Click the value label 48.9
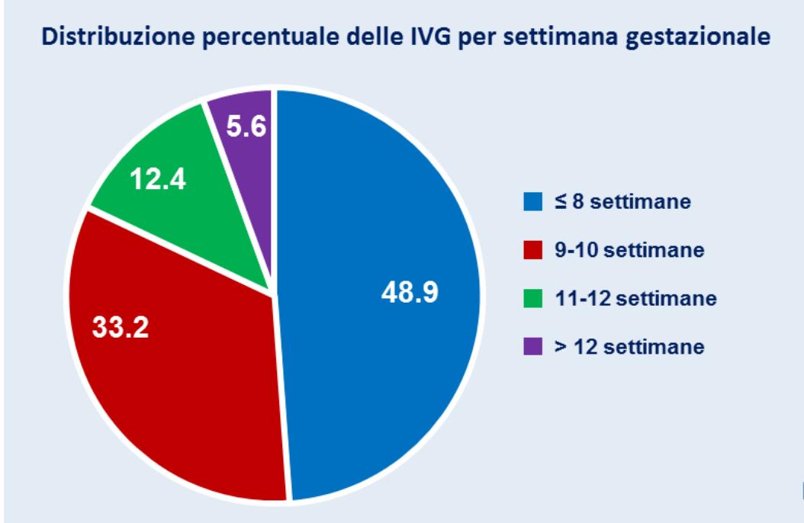pyautogui.click(x=409, y=294)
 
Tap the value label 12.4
pyautogui.click(x=158, y=183)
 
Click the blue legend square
pyautogui.click(x=532, y=204)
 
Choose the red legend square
pyautogui.click(x=532, y=252)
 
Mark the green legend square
pyautogui.click(x=532, y=299)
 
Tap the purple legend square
pyautogui.click(x=532, y=347)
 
